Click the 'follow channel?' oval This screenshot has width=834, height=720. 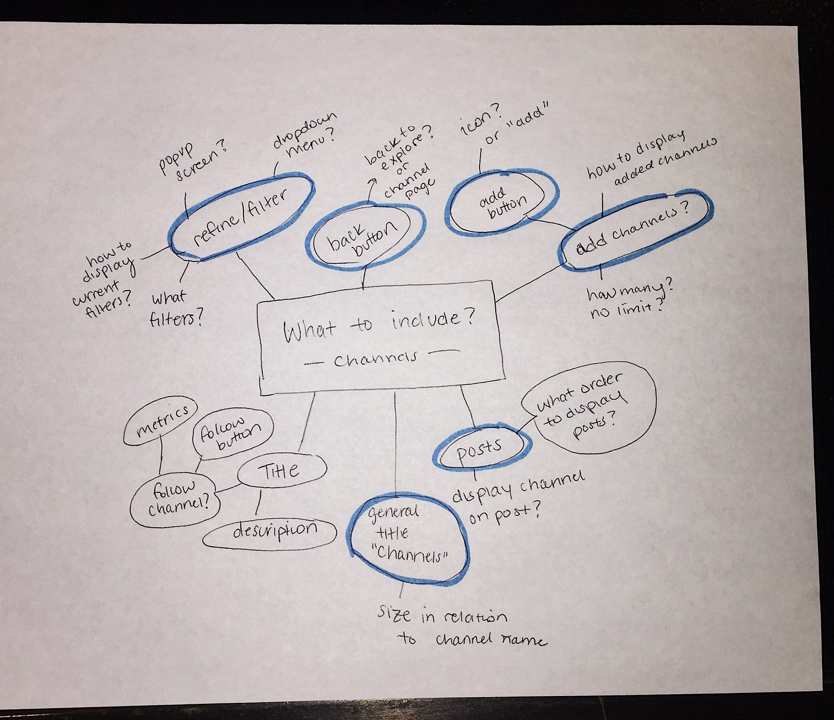click(175, 498)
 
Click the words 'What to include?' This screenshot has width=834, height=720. click(379, 325)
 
